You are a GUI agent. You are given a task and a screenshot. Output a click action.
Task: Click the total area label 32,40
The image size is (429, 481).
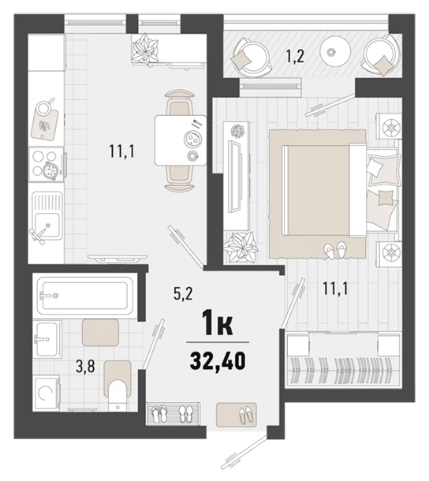coord(218,360)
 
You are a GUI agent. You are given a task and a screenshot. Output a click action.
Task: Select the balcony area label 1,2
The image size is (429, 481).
coord(295,56)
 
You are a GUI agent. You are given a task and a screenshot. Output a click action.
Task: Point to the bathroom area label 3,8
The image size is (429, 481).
coord(85,367)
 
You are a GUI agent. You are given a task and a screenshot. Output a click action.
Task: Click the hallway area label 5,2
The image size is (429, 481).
coord(183,293)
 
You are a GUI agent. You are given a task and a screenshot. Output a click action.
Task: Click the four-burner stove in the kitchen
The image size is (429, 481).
coord(47,165)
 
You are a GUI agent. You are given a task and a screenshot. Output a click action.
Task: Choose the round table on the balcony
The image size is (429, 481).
coord(335,51)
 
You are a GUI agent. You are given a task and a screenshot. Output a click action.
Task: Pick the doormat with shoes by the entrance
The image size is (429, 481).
coord(236,415)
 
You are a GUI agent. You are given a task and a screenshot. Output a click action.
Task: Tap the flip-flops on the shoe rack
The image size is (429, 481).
coord(160,414)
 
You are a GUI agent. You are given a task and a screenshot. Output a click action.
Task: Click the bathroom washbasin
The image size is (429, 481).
coord(47,339)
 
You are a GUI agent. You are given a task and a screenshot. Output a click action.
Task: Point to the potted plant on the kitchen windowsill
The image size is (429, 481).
coord(145,49)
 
